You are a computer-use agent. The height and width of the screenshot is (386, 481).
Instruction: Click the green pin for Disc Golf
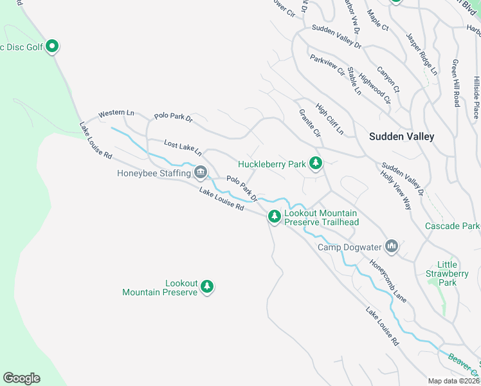pos(53,46)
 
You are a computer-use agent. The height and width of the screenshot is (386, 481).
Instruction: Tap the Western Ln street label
pos(116,114)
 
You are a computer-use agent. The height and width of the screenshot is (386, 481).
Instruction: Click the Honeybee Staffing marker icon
pos(201,172)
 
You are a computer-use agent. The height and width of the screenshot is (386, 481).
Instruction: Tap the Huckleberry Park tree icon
pos(315,163)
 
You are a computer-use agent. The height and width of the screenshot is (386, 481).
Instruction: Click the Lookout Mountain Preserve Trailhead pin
pos(275,217)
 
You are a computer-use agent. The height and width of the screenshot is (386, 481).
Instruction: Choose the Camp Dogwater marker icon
pos(392,246)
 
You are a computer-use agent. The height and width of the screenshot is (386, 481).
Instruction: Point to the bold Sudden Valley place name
pos(401,136)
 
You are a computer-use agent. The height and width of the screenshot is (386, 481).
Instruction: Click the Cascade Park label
pos(452,226)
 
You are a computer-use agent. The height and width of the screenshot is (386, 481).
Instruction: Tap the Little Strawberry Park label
pos(447,273)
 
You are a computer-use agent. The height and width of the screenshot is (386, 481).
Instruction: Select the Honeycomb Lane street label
pos(388,280)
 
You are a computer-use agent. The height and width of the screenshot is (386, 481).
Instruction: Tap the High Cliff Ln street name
pos(330,119)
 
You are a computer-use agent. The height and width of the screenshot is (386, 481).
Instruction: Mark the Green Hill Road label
pos(455,84)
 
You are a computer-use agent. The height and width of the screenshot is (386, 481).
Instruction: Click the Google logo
pos(21,378)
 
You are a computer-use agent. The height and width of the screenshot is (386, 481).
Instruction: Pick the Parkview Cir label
pos(327,65)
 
